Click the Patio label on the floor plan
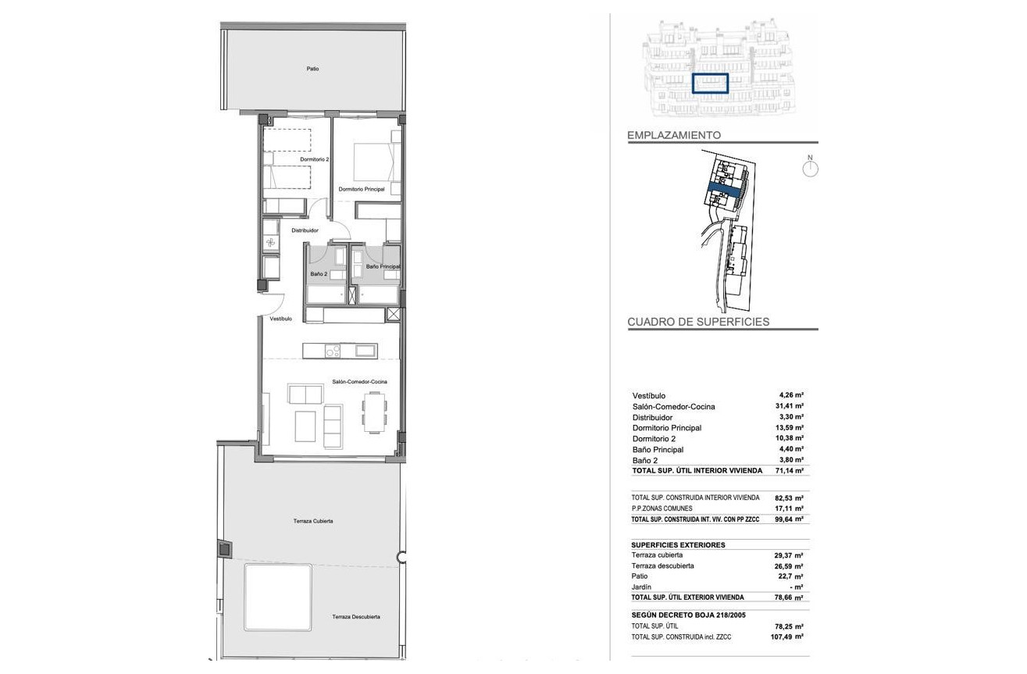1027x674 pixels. pyautogui.click(x=312, y=69)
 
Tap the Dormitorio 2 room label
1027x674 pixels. pyautogui.click(x=315, y=159)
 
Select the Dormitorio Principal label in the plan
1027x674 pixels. pyautogui.click(x=362, y=189)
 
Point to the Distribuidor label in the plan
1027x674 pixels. pyautogui.click(x=305, y=230)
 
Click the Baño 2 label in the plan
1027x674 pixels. pyautogui.click(x=319, y=273)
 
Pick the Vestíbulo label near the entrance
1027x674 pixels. pyautogui.click(x=280, y=319)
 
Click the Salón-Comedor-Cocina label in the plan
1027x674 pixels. pyautogui.click(x=359, y=381)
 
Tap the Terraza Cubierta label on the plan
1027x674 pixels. pyautogui.click(x=313, y=521)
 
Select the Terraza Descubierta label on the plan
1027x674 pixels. pyautogui.click(x=356, y=617)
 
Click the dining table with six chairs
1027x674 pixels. pyautogui.click(x=375, y=412)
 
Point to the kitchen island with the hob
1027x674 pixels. pyautogui.click(x=341, y=351)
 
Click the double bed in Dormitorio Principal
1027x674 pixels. pyautogui.click(x=373, y=162)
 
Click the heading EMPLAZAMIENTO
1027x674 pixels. pyautogui.click(x=674, y=135)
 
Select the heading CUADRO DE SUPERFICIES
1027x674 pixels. pyautogui.click(x=698, y=322)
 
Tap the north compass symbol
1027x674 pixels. pyautogui.click(x=810, y=167)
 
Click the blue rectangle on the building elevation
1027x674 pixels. pyautogui.click(x=710, y=84)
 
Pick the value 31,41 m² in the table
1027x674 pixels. pyautogui.click(x=789, y=406)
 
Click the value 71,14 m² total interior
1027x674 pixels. pyautogui.click(x=789, y=470)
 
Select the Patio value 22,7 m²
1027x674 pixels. pyautogui.click(x=790, y=576)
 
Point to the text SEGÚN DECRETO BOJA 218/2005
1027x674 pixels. pyautogui.click(x=689, y=615)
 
